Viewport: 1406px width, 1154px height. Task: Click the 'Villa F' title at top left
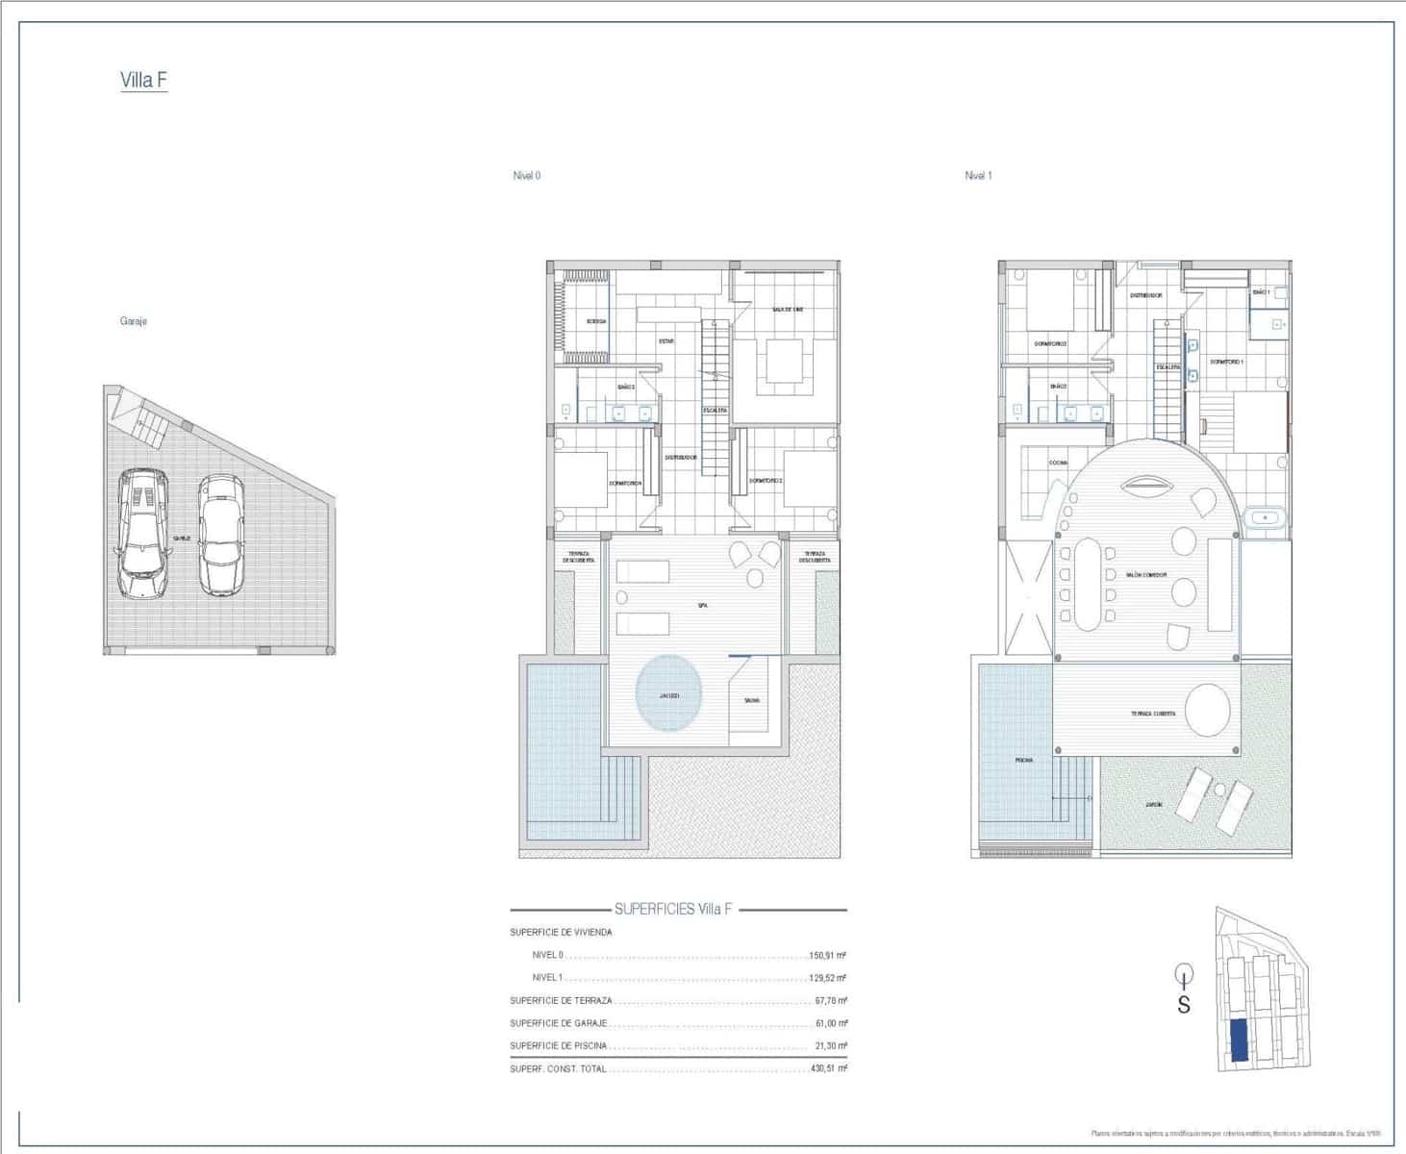143,80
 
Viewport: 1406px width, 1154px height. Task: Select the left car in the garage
142,534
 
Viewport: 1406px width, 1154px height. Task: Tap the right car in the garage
221,534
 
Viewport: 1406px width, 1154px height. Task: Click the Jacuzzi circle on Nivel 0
669,694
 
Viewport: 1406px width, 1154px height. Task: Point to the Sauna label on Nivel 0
751,700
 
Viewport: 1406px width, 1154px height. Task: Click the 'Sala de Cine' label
787,310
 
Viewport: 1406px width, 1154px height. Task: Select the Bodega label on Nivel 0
596,321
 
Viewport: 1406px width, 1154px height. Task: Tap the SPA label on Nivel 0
702,605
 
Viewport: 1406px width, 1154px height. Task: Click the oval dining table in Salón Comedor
1088,584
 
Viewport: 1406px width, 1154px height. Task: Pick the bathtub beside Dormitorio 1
1264,518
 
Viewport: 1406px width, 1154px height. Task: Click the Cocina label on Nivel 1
1058,463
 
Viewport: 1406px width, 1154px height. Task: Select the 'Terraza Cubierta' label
1152,715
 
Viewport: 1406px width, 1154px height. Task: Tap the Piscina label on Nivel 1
1024,761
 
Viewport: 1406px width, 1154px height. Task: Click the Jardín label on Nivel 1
1152,804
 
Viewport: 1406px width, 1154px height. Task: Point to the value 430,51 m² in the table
828,1068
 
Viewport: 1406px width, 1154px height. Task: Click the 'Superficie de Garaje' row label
559,1023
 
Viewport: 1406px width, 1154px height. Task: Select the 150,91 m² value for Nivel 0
828,956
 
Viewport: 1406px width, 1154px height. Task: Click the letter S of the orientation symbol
1184,1006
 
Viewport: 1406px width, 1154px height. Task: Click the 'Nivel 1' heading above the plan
978,176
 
